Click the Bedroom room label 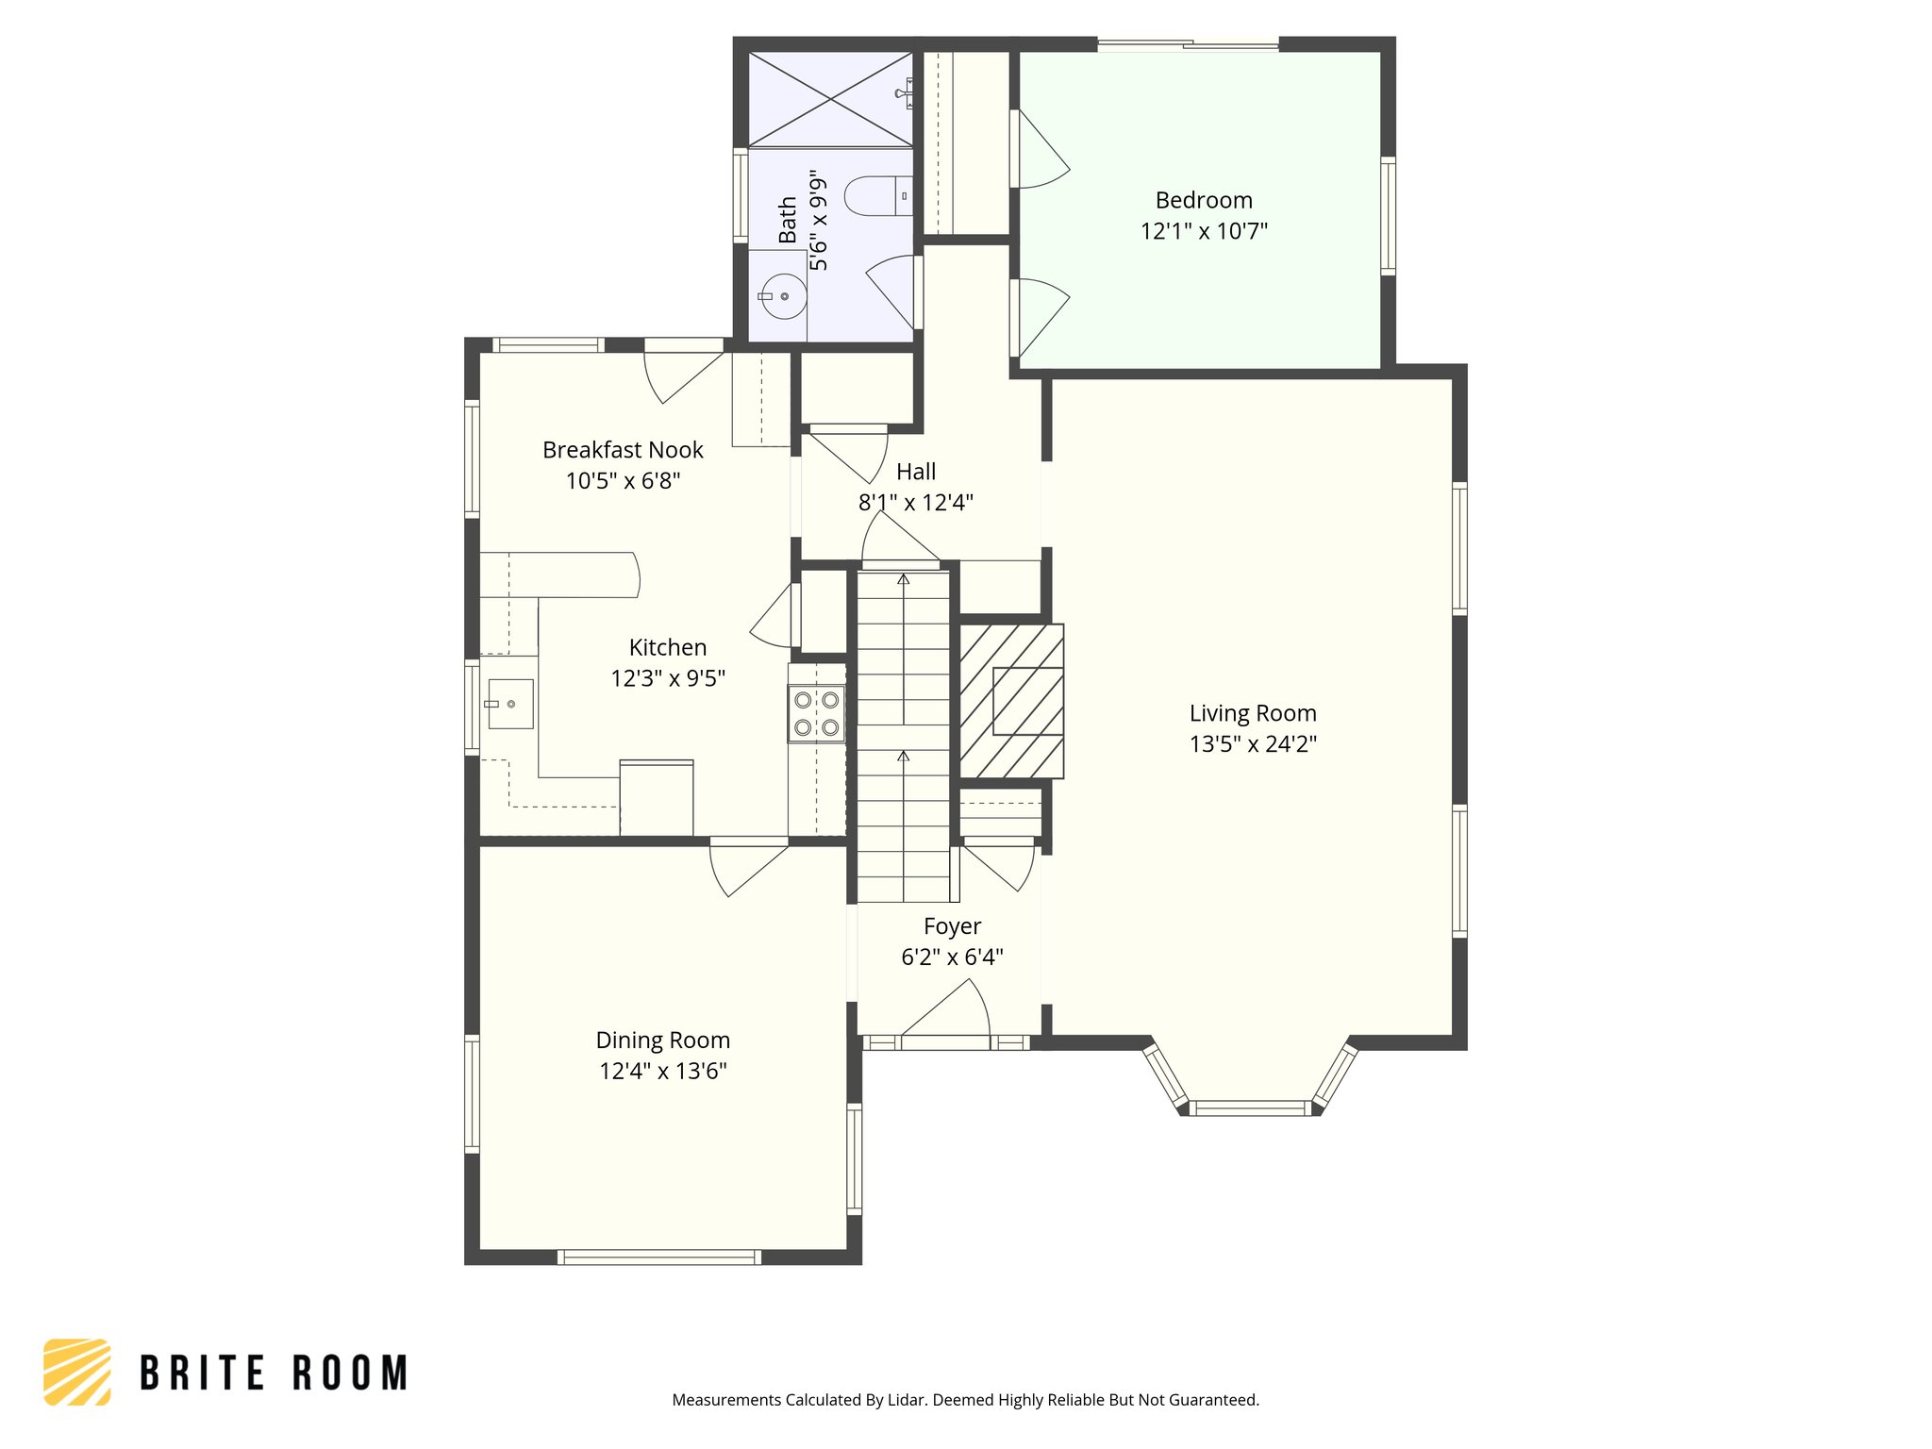tap(1204, 200)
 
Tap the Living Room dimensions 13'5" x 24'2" tap(1253, 744)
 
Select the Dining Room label tap(662, 1040)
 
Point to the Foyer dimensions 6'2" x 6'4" tap(952, 958)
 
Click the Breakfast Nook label tap(623, 450)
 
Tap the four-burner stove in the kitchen tap(816, 713)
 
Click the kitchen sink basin tap(510, 704)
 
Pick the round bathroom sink tap(783, 296)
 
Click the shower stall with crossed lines tap(830, 100)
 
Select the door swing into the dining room tap(745, 868)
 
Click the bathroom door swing tap(891, 288)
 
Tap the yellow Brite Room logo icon tap(77, 1372)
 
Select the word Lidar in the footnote tap(908, 1400)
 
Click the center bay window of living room tap(1249, 1108)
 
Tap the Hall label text tap(916, 472)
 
